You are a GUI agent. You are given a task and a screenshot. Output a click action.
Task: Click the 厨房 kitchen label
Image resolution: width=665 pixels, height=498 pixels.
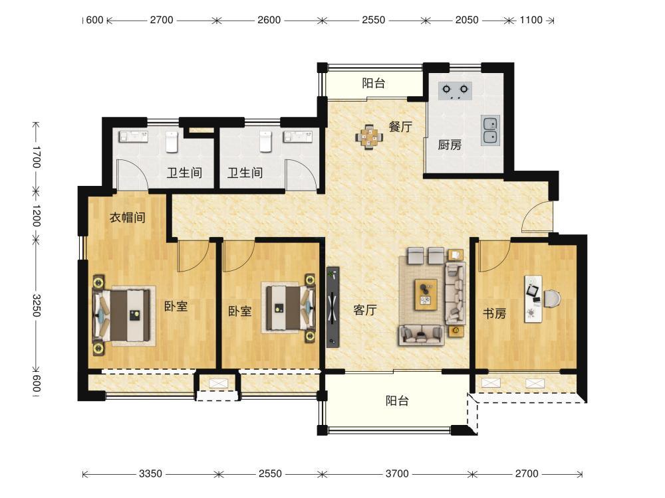pyautogui.click(x=450, y=145)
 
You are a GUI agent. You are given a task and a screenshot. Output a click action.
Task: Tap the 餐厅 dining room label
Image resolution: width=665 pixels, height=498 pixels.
pyautogui.click(x=400, y=127)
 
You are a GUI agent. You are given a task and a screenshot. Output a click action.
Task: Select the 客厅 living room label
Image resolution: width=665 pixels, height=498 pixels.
pyautogui.click(x=364, y=310)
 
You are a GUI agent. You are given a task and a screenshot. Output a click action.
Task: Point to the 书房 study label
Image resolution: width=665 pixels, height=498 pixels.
pyautogui.click(x=495, y=313)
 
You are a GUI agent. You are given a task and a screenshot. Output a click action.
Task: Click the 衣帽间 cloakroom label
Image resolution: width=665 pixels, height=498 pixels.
pyautogui.click(x=128, y=217)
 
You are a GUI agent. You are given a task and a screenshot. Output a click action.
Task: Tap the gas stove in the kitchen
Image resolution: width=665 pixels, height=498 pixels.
pyautogui.click(x=455, y=90)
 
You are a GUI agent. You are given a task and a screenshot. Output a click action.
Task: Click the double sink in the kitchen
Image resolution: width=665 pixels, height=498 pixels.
pyautogui.click(x=490, y=130)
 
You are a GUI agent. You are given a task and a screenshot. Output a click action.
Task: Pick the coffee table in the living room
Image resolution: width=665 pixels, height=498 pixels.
pyautogui.click(x=426, y=295)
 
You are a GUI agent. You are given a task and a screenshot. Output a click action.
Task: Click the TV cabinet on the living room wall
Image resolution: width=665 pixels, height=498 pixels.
pyautogui.click(x=333, y=307)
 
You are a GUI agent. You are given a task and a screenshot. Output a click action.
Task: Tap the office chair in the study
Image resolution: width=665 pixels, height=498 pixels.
pyautogui.click(x=552, y=298)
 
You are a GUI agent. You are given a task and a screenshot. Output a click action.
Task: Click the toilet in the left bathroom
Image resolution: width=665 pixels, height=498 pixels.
pyautogui.click(x=172, y=142)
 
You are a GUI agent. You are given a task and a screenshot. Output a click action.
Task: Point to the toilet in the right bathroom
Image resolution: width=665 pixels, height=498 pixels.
pyautogui.click(x=265, y=141)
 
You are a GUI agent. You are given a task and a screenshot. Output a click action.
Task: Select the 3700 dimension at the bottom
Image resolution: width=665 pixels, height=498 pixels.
pyautogui.click(x=397, y=473)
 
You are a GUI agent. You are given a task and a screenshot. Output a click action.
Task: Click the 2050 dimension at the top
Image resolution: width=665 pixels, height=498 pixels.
pyautogui.click(x=467, y=20)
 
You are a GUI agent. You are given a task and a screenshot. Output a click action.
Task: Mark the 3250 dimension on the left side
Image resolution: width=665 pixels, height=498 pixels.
pyautogui.click(x=37, y=305)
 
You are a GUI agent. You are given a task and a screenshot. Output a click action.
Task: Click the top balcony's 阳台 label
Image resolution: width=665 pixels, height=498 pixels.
pyautogui.click(x=374, y=83)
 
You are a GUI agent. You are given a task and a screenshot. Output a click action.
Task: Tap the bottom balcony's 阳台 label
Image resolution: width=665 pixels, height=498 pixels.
pyautogui.click(x=398, y=400)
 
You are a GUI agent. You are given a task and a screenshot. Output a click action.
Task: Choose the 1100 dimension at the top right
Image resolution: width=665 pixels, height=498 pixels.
pyautogui.click(x=531, y=20)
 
